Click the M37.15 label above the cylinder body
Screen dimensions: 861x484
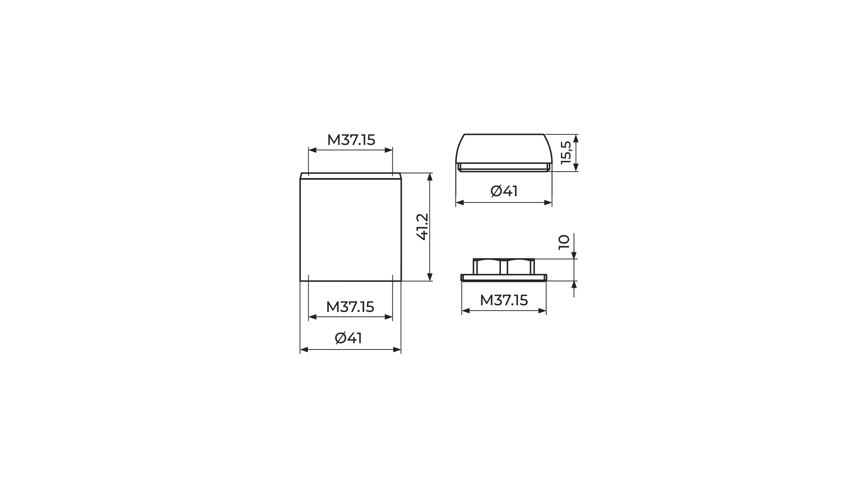click(x=351, y=140)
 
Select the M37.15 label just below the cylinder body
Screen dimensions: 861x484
click(x=350, y=307)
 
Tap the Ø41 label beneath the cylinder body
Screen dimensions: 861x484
click(x=348, y=338)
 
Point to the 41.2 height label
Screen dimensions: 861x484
click(x=423, y=227)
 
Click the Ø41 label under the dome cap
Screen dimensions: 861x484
click(x=504, y=191)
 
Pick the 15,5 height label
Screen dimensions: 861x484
click(x=566, y=153)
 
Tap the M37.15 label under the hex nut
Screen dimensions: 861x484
click(x=504, y=300)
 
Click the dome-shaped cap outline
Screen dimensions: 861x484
click(x=504, y=134)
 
